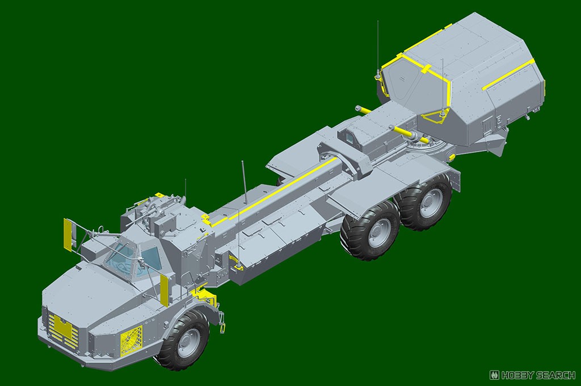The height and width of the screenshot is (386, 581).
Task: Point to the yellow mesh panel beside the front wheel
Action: pos(132,341)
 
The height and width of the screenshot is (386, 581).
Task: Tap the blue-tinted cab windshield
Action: pos(121,258)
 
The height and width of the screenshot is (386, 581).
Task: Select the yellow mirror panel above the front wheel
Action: pos(165,289)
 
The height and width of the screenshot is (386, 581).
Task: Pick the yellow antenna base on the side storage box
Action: pos(234,259)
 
